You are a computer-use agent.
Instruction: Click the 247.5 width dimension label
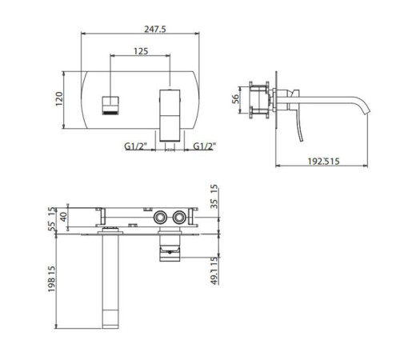(x=155, y=29)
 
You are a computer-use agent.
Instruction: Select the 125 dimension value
(x=141, y=51)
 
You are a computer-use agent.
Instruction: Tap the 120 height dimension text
(x=59, y=99)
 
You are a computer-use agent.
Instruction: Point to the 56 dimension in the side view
(x=235, y=99)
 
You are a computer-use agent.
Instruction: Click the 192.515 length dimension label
(x=323, y=162)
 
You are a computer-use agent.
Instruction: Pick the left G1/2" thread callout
(x=136, y=146)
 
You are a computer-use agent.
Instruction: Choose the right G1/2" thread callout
(x=204, y=146)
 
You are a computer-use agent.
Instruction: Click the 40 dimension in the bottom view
(x=63, y=217)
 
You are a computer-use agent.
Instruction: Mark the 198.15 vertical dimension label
(x=52, y=278)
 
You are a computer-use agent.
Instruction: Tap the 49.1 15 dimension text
(x=214, y=271)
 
